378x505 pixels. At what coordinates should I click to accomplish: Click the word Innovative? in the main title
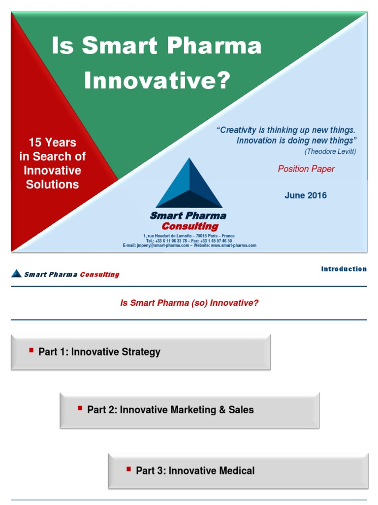click(x=157, y=80)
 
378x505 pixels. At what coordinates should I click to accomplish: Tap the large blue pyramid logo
click(x=189, y=183)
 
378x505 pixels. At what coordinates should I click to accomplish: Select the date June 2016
click(x=305, y=195)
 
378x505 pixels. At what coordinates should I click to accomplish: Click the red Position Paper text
click(x=306, y=169)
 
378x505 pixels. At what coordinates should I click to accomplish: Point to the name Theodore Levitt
click(x=330, y=151)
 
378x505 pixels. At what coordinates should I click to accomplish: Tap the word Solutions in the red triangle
click(x=52, y=184)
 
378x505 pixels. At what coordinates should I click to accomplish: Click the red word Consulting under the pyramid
click(x=190, y=226)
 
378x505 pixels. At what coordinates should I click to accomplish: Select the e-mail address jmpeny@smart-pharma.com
click(x=163, y=246)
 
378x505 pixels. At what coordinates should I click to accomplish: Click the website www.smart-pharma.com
click(x=234, y=246)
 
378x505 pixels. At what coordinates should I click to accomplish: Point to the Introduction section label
click(x=344, y=269)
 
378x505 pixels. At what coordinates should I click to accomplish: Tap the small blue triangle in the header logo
click(x=16, y=273)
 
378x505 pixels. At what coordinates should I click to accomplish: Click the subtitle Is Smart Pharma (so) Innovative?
click(x=189, y=303)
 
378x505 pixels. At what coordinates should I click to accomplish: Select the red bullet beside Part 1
click(x=31, y=350)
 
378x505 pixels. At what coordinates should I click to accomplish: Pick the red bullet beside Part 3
click(x=128, y=469)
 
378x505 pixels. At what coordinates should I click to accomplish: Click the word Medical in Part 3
click(x=237, y=470)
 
